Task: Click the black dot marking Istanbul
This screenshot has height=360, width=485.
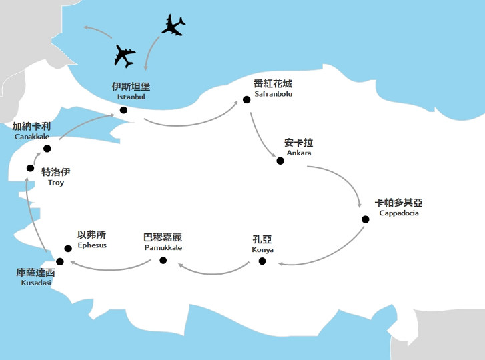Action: coord(123,111)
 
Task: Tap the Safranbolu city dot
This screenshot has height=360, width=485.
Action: coord(246,100)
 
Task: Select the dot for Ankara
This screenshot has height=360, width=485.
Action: coord(280,160)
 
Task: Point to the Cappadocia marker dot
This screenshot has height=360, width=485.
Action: coord(365,219)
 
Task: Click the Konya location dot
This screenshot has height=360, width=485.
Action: coord(262,261)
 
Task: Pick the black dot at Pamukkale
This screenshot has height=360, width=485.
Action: coord(163,260)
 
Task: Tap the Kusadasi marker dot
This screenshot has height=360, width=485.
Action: coord(59,260)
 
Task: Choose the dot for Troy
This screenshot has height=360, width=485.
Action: coord(30,168)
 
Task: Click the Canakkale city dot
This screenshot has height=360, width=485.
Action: coord(47,148)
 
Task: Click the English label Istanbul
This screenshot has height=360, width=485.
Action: coord(131,97)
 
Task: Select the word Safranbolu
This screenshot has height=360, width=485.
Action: coord(274,94)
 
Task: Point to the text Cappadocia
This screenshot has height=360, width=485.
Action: coord(399,213)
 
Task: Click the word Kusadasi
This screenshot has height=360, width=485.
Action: coord(36,283)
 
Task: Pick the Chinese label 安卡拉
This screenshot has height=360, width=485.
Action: coord(298,143)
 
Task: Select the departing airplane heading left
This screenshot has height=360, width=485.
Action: coord(125,56)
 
